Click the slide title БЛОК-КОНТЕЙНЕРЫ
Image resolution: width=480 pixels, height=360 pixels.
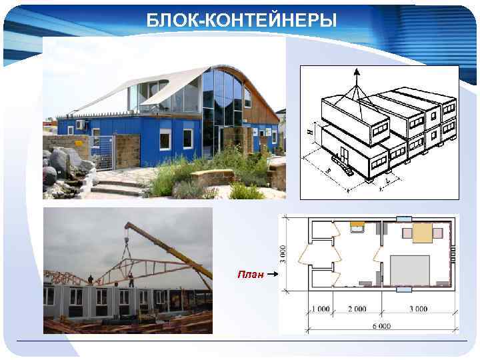(242, 21)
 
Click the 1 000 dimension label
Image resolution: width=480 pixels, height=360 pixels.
(320, 309)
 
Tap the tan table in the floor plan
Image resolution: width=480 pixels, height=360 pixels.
(422, 232)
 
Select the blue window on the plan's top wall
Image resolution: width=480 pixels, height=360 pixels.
(404, 219)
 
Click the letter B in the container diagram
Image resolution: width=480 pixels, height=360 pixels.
(329, 171)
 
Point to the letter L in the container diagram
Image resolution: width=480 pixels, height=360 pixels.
(389, 180)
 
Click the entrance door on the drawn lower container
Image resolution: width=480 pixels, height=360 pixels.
(343, 157)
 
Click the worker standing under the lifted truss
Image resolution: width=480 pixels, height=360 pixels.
(131, 279)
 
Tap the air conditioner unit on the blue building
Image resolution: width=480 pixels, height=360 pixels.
(81, 124)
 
